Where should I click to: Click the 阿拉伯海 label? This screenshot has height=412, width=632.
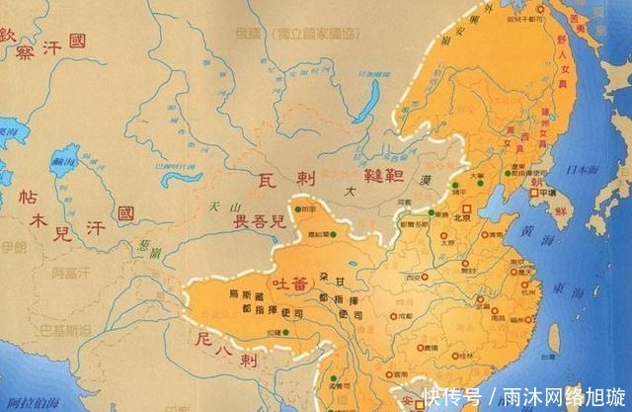(x=30, y=404)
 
